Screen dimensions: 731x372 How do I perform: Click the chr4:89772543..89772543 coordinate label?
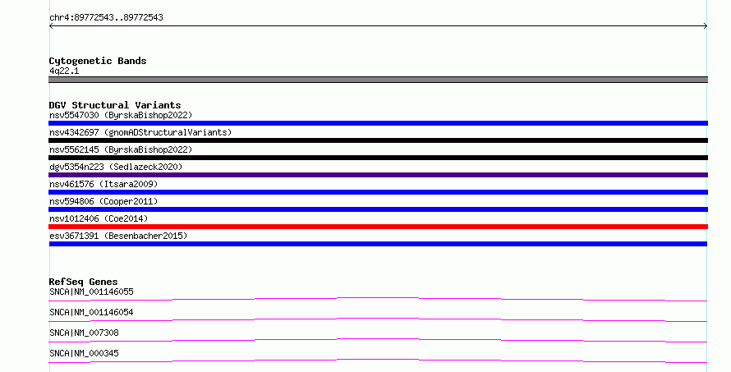point(106,18)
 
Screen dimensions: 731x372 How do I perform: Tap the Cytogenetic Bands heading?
point(98,61)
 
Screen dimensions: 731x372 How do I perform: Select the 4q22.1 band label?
point(64,71)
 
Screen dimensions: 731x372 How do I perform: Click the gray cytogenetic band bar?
point(378,80)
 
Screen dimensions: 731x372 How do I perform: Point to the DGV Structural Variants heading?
point(115,105)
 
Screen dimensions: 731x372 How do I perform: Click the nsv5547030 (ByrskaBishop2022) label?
point(121,115)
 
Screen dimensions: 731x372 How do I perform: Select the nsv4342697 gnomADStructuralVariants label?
point(140,132)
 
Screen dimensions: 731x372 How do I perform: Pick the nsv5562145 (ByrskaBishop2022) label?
point(121,149)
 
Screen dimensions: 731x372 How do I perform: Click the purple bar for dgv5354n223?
point(378,175)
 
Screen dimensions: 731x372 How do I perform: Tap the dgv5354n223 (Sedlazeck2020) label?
point(116,167)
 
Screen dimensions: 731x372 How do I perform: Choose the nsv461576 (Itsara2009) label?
point(103,184)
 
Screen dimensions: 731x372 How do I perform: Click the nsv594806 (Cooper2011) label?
point(103,201)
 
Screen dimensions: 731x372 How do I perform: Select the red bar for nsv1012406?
point(378,227)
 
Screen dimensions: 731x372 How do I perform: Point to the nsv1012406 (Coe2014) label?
point(99,218)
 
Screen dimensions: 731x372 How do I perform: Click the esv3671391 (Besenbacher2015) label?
point(118,236)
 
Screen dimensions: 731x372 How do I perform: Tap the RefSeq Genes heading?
point(83,282)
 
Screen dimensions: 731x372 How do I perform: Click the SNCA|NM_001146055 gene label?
point(91,292)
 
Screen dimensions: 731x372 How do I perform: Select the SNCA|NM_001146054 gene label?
point(91,312)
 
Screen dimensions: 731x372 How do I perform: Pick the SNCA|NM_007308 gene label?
point(84,333)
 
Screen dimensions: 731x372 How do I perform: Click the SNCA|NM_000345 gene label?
point(84,353)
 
